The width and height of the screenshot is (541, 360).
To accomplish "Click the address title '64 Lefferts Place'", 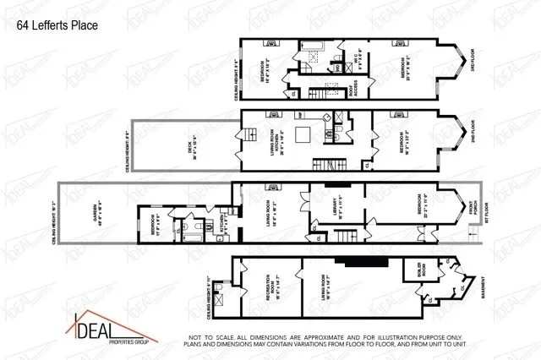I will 57,25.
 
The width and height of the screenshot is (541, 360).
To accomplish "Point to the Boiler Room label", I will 419,274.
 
